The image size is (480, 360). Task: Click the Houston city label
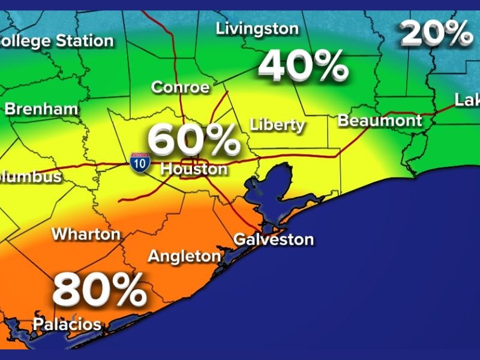coord(194,169)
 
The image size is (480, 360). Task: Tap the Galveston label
coord(274,239)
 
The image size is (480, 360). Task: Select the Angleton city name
coord(184,256)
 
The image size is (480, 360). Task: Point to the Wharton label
coord(86,233)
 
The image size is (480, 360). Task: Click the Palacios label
coord(67,325)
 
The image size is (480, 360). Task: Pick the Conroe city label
coord(180,88)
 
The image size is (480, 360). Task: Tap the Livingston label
coord(257,28)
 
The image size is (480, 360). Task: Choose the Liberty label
coord(277,125)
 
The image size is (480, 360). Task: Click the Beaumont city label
coord(380,120)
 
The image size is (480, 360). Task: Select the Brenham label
coord(41,109)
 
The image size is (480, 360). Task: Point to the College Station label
coord(57,41)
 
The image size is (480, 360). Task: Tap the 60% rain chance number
coord(193,140)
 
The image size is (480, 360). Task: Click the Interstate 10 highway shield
coord(139,162)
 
